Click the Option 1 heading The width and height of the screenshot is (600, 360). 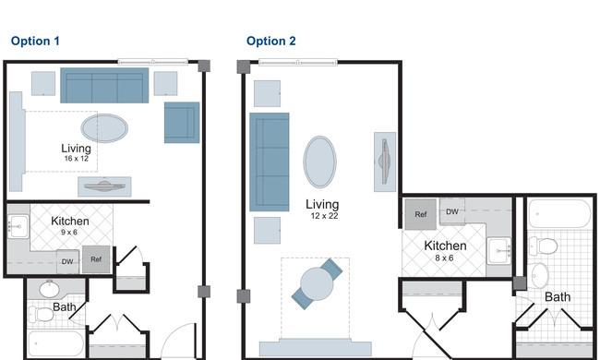coord(35,41)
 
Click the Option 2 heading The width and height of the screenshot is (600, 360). coord(270,41)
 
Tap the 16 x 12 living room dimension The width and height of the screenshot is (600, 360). coord(77,159)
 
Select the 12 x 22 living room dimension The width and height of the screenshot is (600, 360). coord(325,216)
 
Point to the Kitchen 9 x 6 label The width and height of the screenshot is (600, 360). coord(69,225)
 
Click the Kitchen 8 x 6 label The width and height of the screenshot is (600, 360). coord(445,250)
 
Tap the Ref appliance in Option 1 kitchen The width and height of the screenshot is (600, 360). coord(96,259)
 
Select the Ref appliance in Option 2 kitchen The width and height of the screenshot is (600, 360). coord(421,214)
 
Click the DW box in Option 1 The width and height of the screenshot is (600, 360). coord(67,261)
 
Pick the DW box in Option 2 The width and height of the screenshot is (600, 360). coord(452,211)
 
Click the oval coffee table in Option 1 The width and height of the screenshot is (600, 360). coord(104,128)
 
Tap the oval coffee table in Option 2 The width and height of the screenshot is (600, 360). coord(320,162)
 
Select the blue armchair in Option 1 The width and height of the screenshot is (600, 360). coord(182,123)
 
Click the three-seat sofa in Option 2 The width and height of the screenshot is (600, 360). coord(270,162)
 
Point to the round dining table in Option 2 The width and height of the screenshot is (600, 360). coord(317,284)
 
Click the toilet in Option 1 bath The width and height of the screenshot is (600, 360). coord(42,315)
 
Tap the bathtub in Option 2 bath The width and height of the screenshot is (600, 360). coord(559,213)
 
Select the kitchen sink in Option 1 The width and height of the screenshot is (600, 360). coord(18,226)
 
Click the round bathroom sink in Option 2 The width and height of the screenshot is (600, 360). coord(540,275)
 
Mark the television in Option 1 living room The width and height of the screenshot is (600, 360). coord(104,186)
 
